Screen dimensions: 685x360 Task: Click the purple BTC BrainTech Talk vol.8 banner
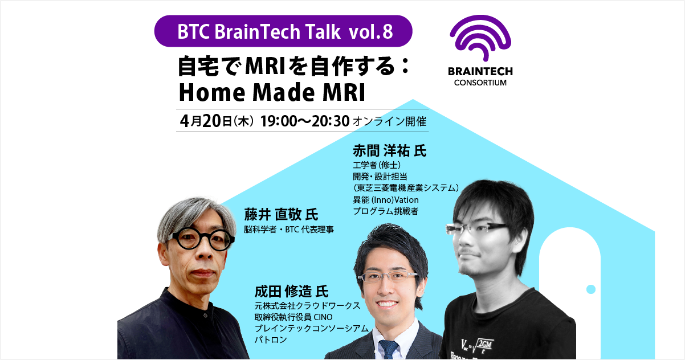[283, 31]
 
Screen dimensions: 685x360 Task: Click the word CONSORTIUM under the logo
[480, 83]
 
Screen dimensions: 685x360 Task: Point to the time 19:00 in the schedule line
[278, 121]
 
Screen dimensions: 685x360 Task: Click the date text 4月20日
[206, 121]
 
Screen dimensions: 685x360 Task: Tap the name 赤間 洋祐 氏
[390, 150]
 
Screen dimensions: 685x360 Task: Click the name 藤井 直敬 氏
[281, 214]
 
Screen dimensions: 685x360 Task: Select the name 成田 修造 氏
[291, 291]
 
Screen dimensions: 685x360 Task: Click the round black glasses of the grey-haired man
[201, 239]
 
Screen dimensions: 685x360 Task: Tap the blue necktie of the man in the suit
[389, 349]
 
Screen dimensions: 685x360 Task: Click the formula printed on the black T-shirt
[478, 346]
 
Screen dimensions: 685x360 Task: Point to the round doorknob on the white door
[591, 289]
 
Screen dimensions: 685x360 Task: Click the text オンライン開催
[390, 122]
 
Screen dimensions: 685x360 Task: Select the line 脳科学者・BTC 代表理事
[289, 230]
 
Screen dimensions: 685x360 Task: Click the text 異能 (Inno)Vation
[386, 200]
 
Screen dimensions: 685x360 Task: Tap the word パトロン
[271, 339]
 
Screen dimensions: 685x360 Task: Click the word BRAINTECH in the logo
[480, 71]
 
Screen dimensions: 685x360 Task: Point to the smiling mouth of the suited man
[386, 304]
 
